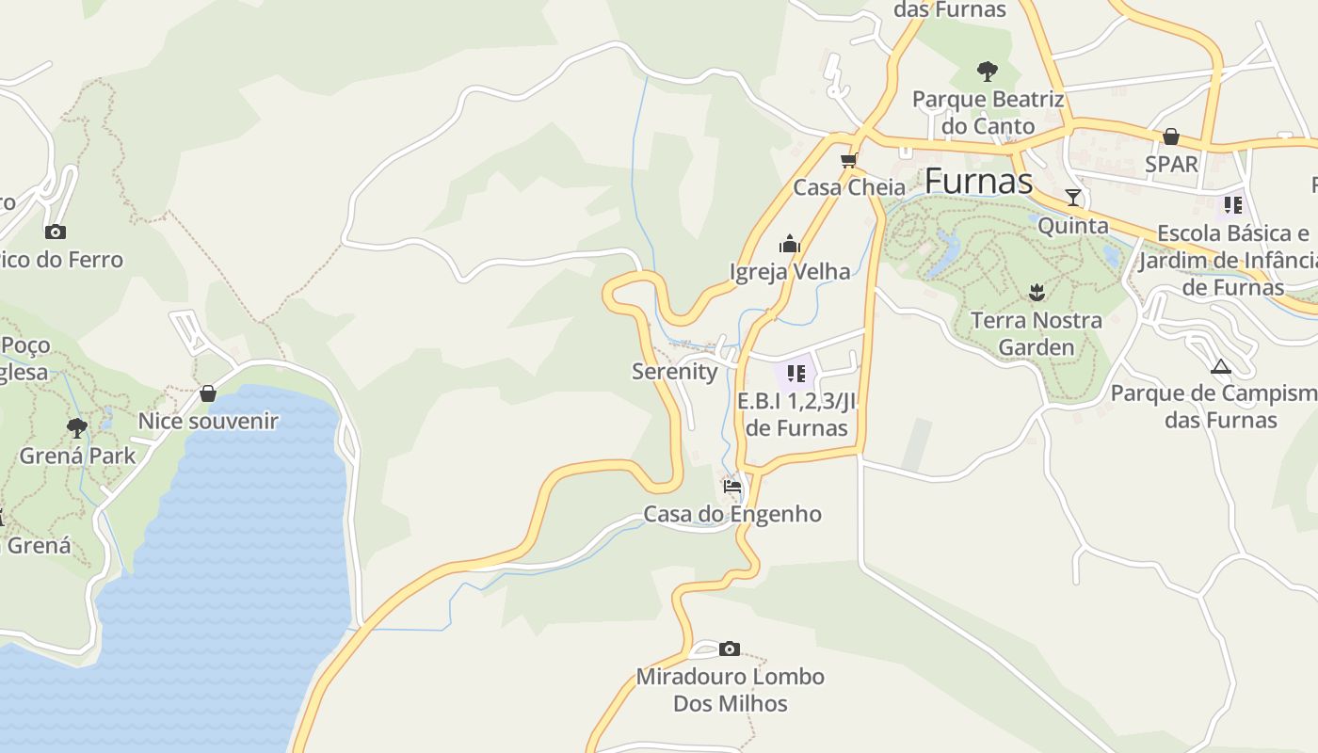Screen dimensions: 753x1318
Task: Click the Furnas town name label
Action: tap(978, 180)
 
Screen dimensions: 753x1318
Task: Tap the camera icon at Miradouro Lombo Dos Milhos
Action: tap(729, 649)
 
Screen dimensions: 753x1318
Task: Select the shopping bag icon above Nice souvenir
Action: tap(208, 393)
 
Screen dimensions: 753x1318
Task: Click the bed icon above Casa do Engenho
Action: tap(732, 487)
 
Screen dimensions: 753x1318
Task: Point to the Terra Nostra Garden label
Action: tap(1036, 333)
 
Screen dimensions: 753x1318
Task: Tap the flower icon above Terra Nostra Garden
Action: tap(1037, 293)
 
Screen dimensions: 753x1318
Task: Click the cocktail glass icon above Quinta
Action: tap(1072, 198)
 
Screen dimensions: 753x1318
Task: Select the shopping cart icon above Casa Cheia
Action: tap(849, 160)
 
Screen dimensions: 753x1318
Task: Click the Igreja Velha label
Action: tap(790, 271)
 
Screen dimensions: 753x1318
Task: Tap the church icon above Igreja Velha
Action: tap(789, 245)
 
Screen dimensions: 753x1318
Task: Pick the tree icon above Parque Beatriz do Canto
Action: tap(987, 71)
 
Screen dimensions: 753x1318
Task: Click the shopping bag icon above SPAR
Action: tap(1170, 136)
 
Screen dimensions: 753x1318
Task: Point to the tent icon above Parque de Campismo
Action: tap(1221, 366)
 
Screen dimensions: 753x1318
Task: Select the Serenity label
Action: tap(674, 371)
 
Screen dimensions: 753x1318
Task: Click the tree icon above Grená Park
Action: tap(77, 428)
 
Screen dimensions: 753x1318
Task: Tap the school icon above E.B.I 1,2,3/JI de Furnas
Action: tap(796, 374)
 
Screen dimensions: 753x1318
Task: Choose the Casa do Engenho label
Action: tap(731, 514)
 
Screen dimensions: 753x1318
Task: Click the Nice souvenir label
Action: tap(208, 421)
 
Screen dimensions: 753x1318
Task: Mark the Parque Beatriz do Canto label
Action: tap(988, 112)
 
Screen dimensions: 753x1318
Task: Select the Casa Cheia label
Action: tap(849, 187)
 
